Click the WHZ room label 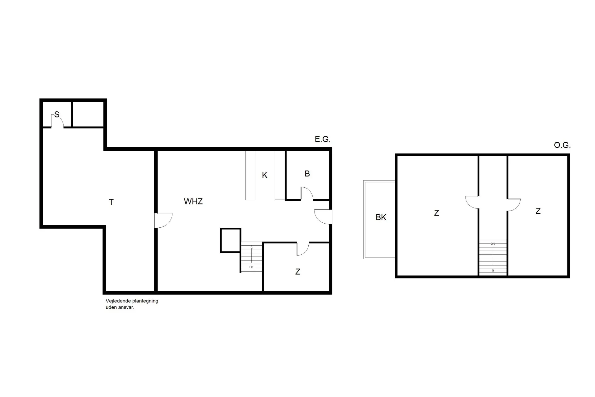[193, 201]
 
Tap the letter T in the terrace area [111, 202]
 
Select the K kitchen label [264, 175]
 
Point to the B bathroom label [307, 174]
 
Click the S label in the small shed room [57, 114]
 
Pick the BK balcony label [381, 217]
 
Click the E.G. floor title [323, 139]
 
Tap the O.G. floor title [562, 145]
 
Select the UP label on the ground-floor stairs [251, 267]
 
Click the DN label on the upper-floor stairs [493, 244]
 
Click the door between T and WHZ [163, 220]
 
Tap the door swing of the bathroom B [306, 194]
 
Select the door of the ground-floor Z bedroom [303, 249]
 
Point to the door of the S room [57, 122]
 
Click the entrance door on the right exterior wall [323, 216]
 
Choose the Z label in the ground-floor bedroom [297, 272]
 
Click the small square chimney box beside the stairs [231, 240]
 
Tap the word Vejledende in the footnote [118, 301]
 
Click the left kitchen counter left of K [250, 175]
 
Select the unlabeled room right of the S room [88, 114]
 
